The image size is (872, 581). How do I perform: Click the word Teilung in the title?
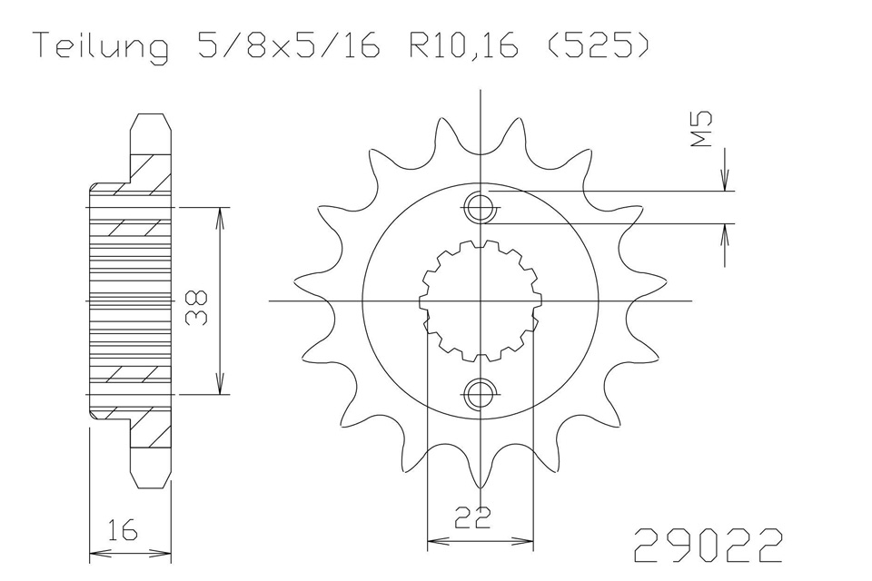[103, 46]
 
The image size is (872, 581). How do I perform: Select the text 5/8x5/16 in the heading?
[289, 45]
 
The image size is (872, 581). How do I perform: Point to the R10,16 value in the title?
[464, 46]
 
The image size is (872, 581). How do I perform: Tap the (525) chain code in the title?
[598, 45]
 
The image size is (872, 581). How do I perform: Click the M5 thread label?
[701, 129]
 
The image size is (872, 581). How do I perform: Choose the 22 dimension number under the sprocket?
[472, 517]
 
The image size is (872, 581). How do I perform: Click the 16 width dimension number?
[123, 530]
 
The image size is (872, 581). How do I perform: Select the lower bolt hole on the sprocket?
[479, 394]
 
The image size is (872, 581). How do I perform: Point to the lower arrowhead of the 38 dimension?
[221, 384]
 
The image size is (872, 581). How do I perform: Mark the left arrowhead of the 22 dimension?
[438, 540]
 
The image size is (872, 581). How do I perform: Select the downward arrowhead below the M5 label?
[725, 180]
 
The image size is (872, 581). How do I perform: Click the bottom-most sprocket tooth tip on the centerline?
[480, 488]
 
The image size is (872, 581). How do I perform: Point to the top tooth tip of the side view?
[150, 114]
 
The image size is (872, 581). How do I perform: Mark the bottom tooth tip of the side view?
[150, 487]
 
